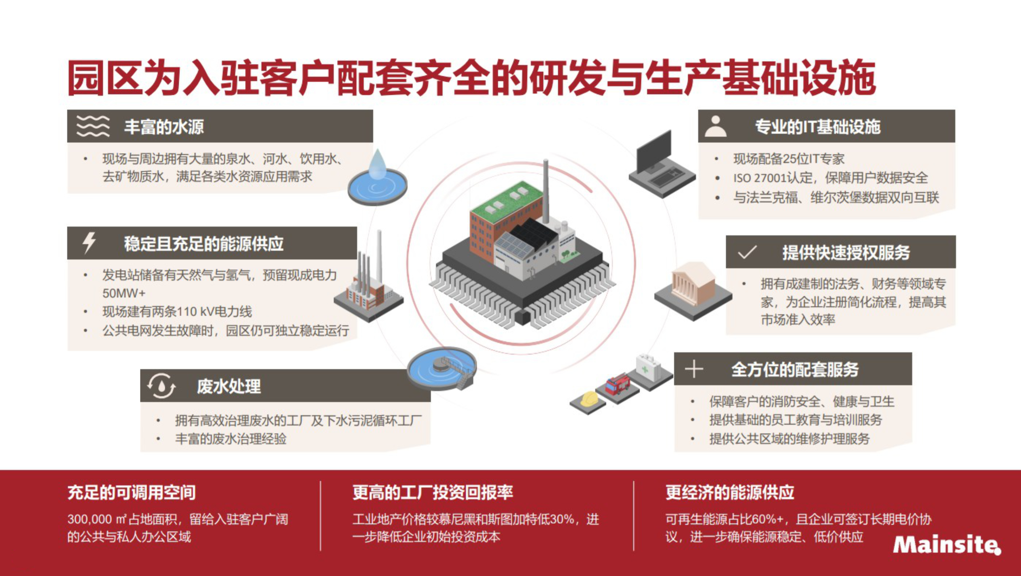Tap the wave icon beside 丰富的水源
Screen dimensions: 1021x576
93,126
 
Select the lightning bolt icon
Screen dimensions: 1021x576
89,243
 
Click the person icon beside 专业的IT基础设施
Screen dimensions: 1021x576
715,126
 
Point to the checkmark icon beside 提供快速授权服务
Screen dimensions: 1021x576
748,252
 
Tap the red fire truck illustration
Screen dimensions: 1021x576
618,384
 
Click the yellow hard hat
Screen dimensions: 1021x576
588,399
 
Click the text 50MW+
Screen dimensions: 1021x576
124,293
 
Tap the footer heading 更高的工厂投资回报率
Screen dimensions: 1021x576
433,492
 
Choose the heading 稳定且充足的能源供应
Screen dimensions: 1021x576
204,243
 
